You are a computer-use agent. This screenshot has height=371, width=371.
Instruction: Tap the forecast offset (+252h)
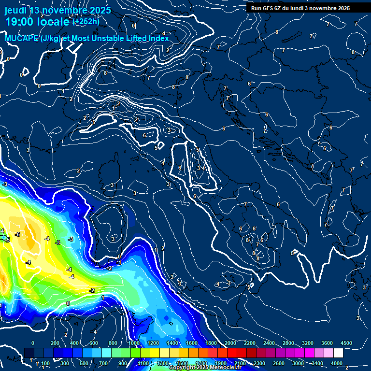86,22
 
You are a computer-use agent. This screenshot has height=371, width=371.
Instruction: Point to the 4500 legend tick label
346,343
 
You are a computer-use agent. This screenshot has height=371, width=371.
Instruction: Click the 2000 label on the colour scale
230,343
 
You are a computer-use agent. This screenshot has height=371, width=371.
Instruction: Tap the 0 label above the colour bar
33,343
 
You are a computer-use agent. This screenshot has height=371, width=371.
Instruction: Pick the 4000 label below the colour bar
337,363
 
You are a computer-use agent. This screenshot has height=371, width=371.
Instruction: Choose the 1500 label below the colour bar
182,363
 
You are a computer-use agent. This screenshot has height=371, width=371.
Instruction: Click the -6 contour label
18,234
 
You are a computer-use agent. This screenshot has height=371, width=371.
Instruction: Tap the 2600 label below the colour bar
279,363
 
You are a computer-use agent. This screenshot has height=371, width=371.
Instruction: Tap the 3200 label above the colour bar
308,343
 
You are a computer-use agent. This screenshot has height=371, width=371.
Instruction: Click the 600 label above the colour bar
94,343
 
